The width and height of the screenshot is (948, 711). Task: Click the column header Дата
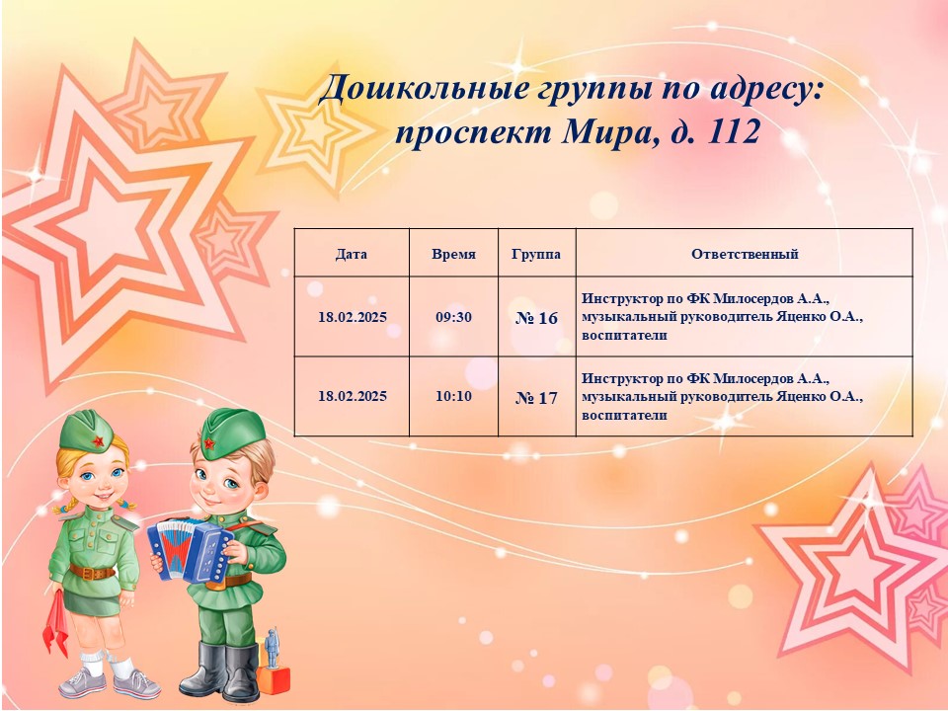click(x=352, y=254)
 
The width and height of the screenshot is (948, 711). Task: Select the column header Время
click(x=453, y=254)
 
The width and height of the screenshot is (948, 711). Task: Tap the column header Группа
click(x=535, y=254)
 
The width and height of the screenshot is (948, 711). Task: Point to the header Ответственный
click(x=745, y=254)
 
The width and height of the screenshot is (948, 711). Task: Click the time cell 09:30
click(x=453, y=317)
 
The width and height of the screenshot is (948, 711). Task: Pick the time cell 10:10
click(x=453, y=396)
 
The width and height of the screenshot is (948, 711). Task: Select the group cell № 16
click(x=537, y=318)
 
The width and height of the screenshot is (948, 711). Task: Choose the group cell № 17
click(x=537, y=398)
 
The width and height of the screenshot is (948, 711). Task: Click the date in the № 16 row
click(x=353, y=317)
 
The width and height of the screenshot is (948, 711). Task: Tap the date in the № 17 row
click(x=353, y=396)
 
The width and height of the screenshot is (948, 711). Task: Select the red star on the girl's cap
click(x=99, y=440)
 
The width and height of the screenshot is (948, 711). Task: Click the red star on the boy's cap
click(x=209, y=443)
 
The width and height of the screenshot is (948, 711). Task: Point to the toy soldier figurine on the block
click(x=273, y=648)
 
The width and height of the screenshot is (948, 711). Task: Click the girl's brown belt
click(x=91, y=572)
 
